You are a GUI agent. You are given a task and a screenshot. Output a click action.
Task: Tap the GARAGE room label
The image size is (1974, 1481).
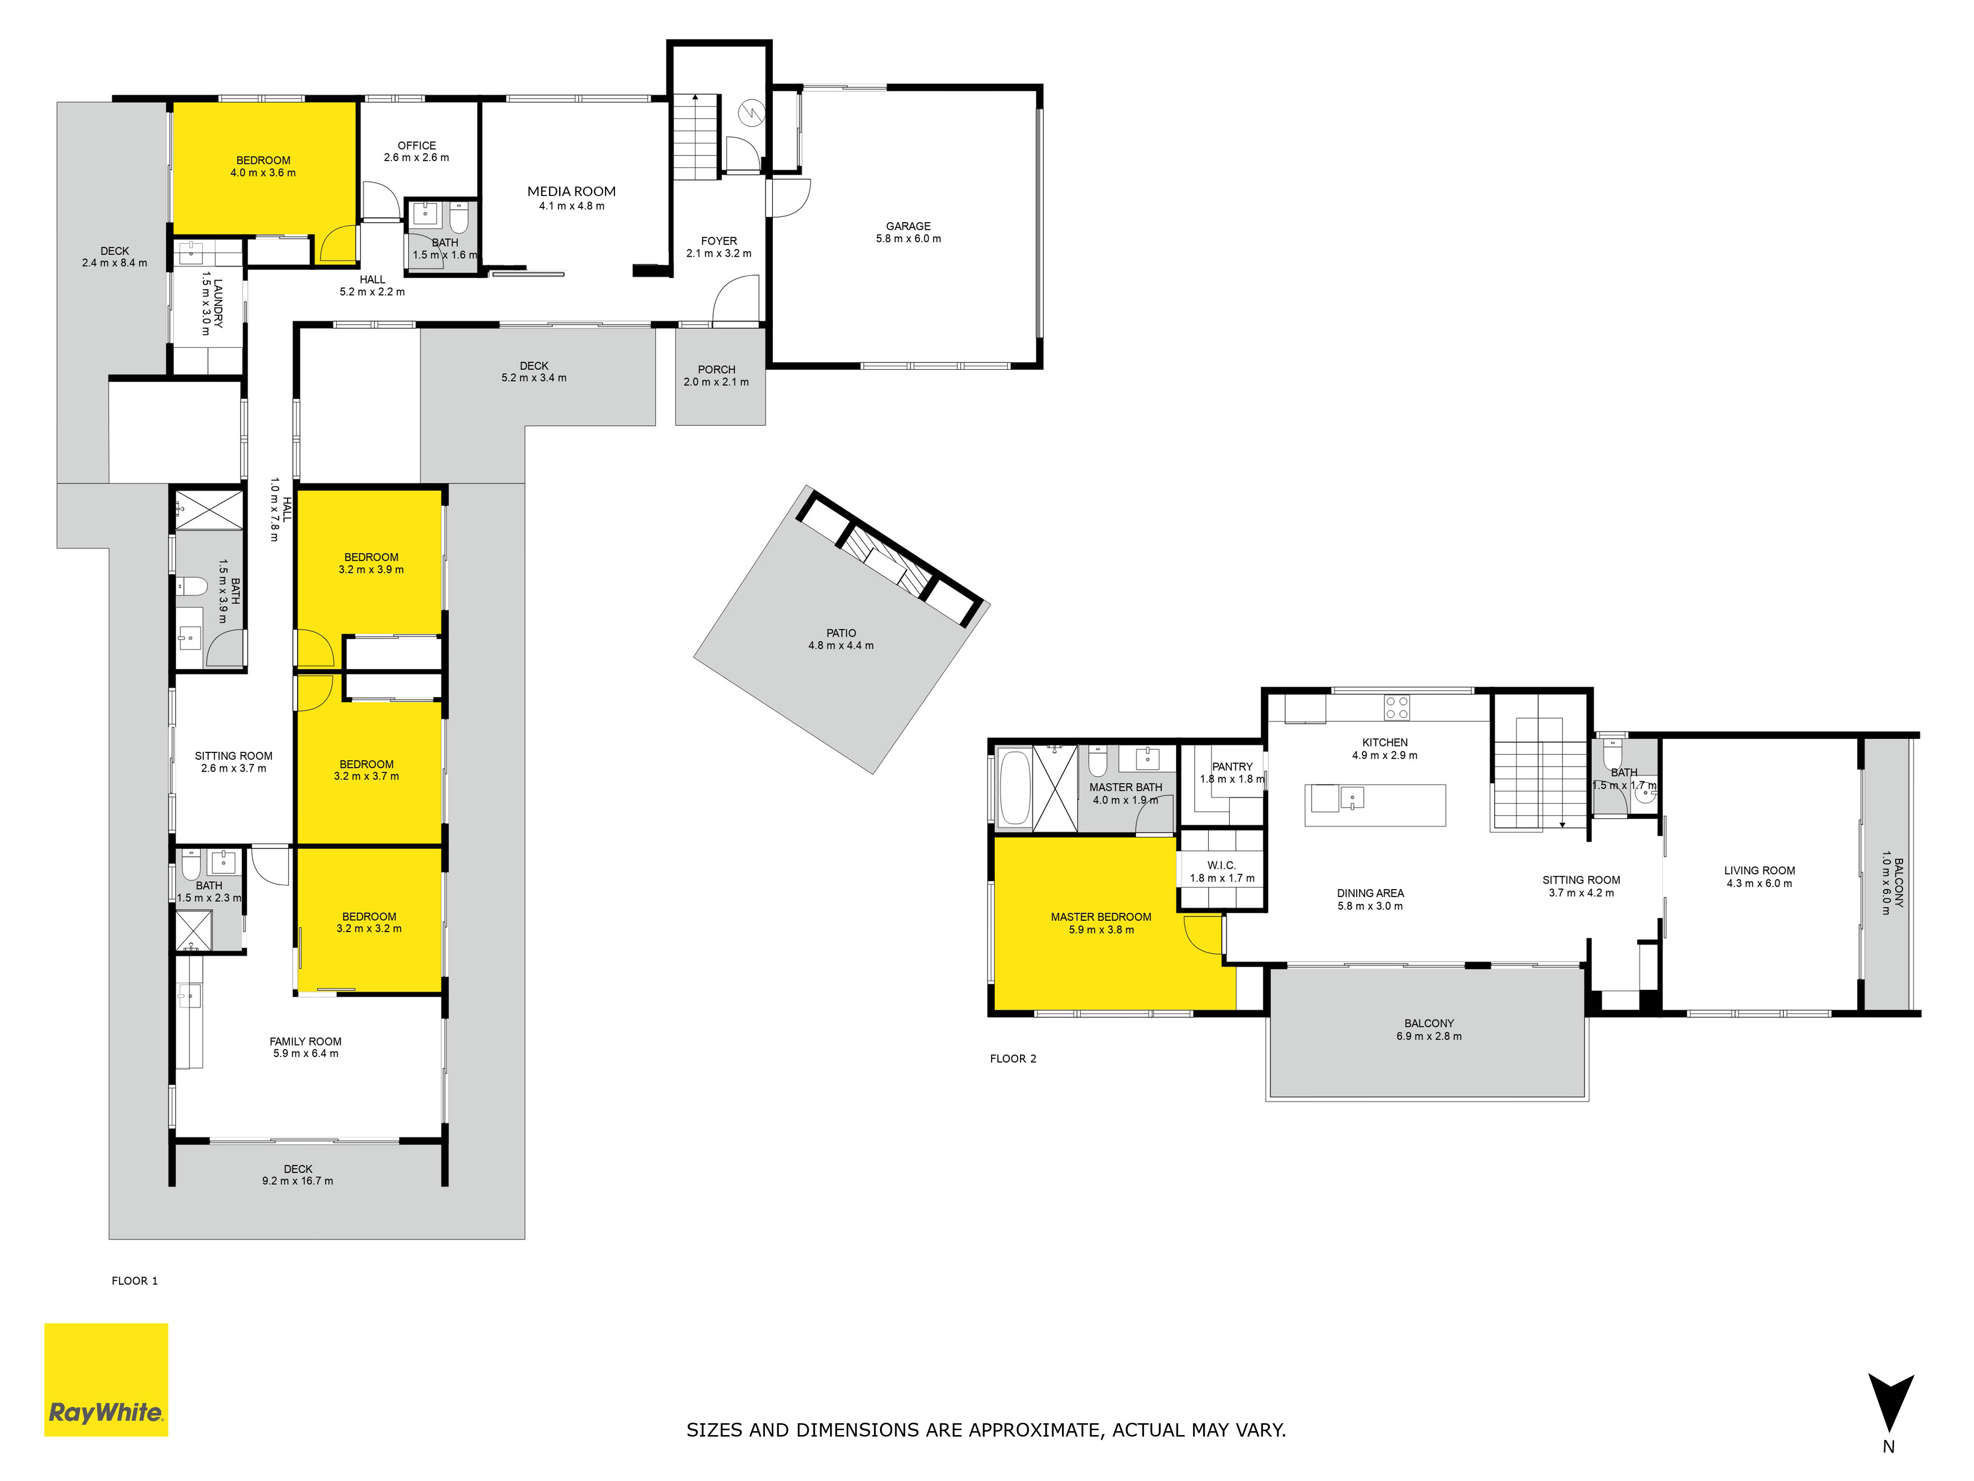909,227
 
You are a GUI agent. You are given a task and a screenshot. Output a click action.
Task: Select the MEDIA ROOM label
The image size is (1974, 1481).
571,191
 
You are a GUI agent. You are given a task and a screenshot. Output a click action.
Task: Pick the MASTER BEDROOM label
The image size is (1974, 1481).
1101,917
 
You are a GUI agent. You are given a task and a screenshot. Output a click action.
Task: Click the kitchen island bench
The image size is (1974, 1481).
1375,805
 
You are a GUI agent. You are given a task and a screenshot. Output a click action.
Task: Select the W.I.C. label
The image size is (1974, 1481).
1222,865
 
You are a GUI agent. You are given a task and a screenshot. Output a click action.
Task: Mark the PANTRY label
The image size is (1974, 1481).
1232,767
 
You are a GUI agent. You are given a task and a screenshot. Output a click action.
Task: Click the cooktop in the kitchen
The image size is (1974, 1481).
1398,708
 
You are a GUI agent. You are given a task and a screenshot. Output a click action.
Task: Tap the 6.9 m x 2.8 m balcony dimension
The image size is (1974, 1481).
1429,1036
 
